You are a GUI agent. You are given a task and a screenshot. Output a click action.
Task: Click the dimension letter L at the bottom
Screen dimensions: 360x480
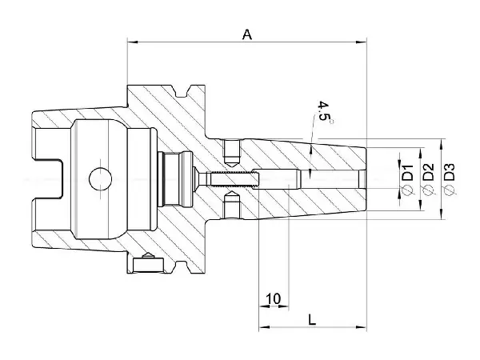311,318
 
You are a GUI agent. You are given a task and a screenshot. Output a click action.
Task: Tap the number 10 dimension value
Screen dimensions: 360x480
273,298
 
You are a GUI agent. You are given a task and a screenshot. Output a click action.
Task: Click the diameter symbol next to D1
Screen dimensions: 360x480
406,190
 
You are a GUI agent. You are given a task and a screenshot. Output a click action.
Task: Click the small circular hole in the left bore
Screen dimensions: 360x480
98,178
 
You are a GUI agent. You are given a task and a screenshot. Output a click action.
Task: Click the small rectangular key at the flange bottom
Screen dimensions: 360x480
146,261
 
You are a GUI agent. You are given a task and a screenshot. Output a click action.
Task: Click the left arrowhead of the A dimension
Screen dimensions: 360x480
130,42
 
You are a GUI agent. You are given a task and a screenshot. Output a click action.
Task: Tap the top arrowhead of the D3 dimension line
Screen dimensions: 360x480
442,144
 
